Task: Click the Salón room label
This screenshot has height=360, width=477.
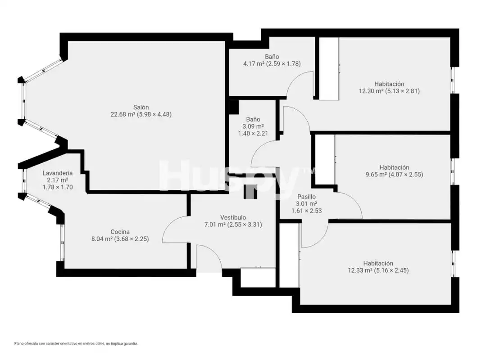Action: pyautogui.click(x=141, y=107)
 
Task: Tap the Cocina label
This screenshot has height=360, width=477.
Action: pyautogui.click(x=120, y=232)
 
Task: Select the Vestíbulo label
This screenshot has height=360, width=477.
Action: pyautogui.click(x=233, y=217)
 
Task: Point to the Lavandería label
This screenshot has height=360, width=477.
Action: pyautogui.click(x=58, y=173)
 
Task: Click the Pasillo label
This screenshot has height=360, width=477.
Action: pyautogui.click(x=306, y=197)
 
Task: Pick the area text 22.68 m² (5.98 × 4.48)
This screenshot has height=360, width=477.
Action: pyautogui.click(x=141, y=115)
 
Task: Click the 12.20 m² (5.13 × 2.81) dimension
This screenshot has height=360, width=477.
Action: pyautogui.click(x=389, y=91)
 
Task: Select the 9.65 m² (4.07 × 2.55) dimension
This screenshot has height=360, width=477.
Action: pyautogui.click(x=394, y=175)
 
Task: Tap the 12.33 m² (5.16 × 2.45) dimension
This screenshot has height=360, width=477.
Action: pyautogui.click(x=378, y=270)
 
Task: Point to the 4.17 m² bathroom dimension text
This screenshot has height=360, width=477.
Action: pyautogui.click(x=272, y=64)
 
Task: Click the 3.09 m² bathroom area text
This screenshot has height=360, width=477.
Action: pyautogui.click(x=253, y=126)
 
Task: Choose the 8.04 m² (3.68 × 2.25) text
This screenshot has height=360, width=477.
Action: pyautogui.click(x=120, y=239)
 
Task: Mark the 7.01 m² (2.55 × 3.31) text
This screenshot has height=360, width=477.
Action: pyautogui.click(x=233, y=225)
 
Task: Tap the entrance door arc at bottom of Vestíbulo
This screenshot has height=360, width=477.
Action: pyautogui.click(x=214, y=251)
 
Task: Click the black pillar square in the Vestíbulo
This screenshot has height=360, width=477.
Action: pyautogui.click(x=250, y=192)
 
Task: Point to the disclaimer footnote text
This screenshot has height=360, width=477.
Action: pyautogui.click(x=76, y=344)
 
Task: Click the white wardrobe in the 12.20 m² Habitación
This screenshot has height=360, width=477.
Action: pyautogui.click(x=328, y=69)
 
